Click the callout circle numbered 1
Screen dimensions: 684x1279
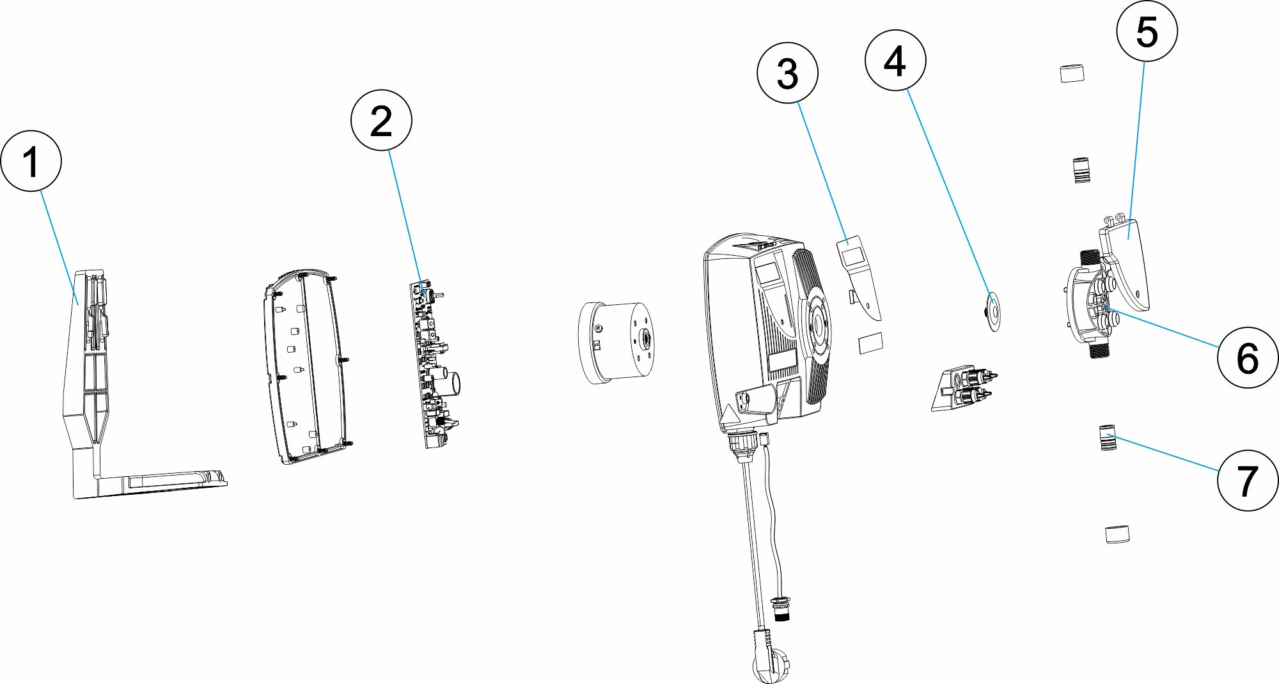click(x=31, y=160)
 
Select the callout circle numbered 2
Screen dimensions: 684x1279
click(x=381, y=120)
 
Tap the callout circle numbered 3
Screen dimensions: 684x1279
click(x=787, y=73)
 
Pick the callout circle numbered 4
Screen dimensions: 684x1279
click(x=895, y=61)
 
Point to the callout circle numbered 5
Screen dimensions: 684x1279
click(x=1147, y=31)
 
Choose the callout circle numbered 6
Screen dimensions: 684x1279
click(x=1247, y=357)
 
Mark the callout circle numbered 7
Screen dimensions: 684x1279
click(x=1247, y=480)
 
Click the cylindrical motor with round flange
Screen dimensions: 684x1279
click(x=615, y=342)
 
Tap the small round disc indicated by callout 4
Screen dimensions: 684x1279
click(x=993, y=311)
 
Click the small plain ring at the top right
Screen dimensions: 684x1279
click(x=1072, y=74)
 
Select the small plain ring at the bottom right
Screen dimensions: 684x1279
click(x=1117, y=534)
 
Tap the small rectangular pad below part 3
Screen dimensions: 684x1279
click(x=870, y=343)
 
